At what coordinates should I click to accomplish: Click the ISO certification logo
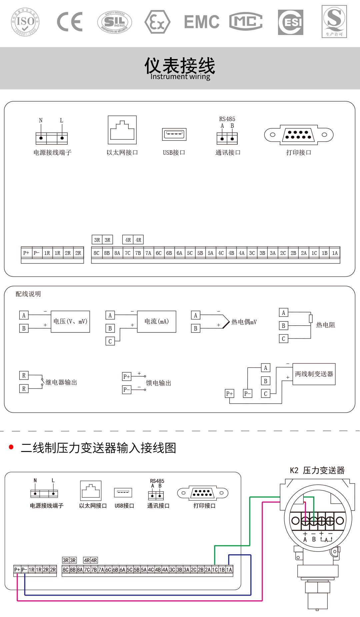25,22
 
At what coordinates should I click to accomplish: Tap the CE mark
70,22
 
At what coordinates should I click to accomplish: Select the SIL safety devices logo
115,22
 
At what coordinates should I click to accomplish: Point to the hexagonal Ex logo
157,22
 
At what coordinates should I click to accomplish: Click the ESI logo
291,22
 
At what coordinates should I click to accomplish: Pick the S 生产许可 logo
334,21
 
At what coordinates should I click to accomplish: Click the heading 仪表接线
180,65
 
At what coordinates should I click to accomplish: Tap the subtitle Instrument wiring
180,77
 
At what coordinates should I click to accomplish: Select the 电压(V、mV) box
70,322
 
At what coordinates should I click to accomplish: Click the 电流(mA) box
157,322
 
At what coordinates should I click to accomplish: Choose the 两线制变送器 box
314,374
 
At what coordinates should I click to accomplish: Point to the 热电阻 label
325,325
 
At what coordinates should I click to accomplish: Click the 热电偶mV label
244,322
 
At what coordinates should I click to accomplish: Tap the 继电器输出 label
61,383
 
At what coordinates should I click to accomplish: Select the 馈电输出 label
159,383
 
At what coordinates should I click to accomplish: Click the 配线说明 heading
28,294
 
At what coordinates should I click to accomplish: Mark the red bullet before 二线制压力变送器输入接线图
11,447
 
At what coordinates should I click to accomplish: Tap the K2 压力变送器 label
317,470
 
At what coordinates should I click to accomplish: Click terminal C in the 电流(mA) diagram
110,341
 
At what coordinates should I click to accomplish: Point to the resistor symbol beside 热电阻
311,319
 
